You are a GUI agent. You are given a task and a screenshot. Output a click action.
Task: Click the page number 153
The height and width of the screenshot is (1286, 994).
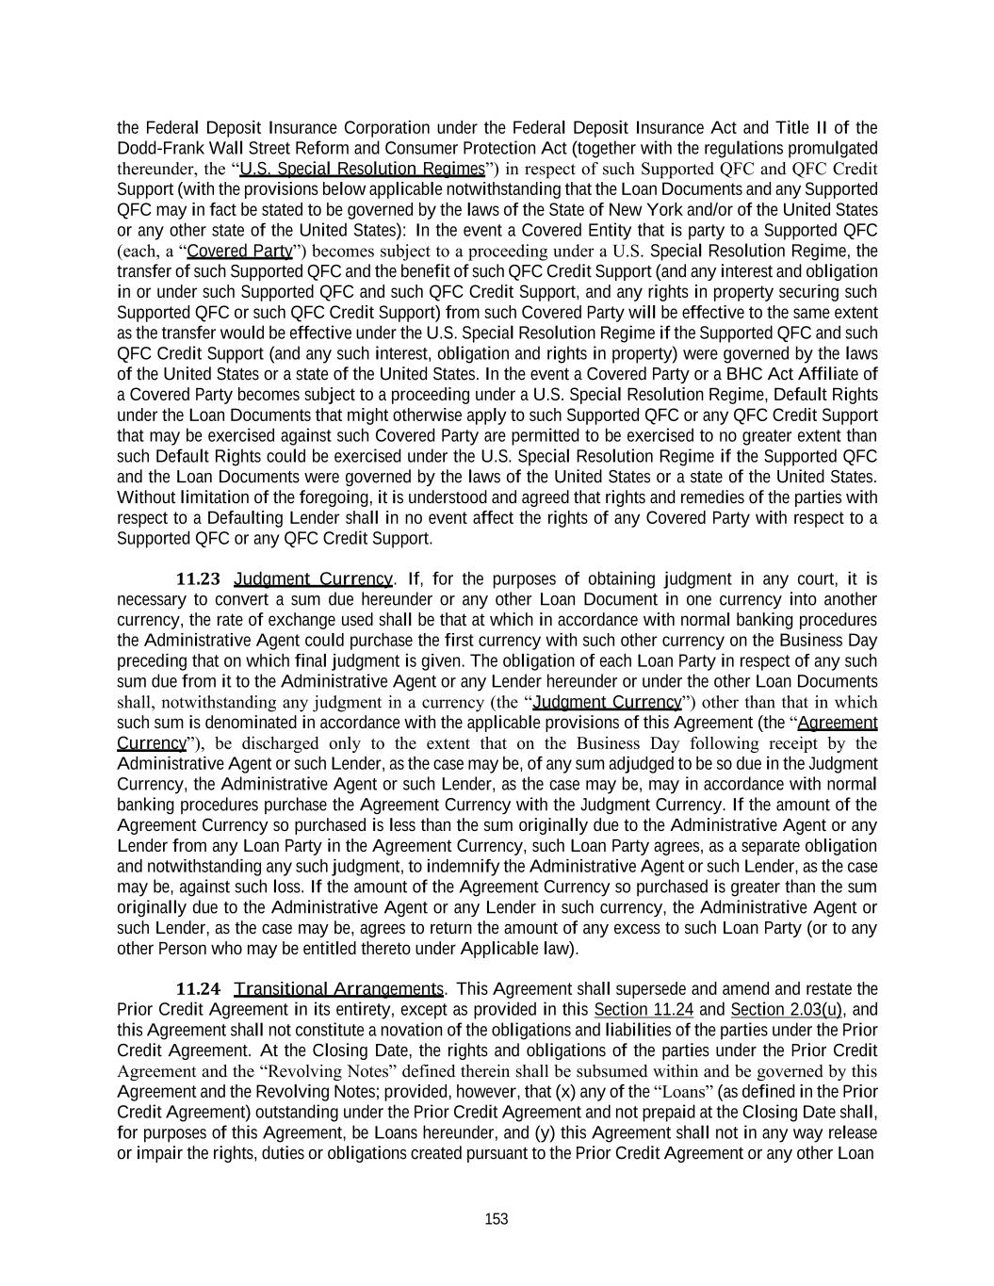point(497,1219)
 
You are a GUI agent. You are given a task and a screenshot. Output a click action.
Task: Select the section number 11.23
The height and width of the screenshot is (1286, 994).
point(199,578)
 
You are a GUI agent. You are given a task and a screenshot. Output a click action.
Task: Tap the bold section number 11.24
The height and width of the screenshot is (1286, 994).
point(199,988)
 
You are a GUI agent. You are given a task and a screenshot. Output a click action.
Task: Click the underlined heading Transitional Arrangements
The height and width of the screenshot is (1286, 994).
point(338,988)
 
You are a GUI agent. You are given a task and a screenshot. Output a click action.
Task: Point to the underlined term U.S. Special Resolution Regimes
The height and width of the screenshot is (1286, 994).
point(363,170)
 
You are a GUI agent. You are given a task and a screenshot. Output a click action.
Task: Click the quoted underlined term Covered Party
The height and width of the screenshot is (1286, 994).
point(240,252)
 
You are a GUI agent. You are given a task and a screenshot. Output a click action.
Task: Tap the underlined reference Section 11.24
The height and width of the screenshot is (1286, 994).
point(644,1009)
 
